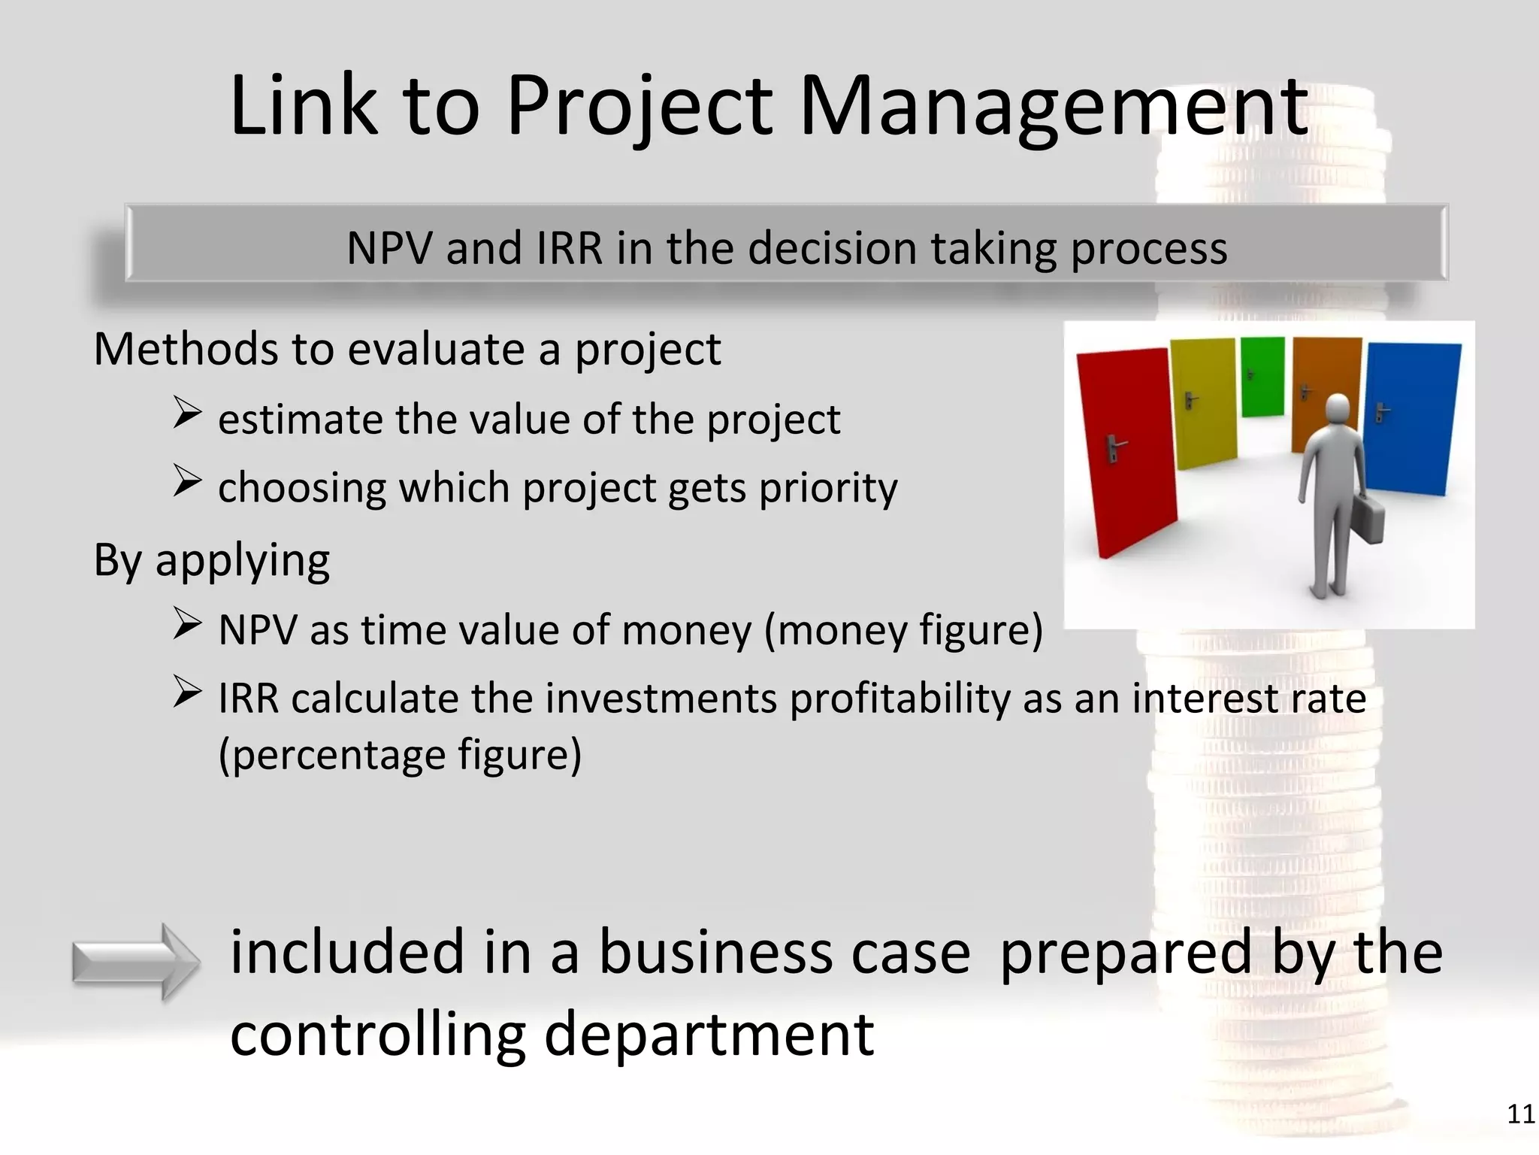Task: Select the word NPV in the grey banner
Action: [x=390, y=248]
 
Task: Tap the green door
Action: [x=1262, y=376]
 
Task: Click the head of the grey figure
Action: [x=1338, y=410]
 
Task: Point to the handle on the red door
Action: [x=1114, y=448]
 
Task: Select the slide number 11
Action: [x=1520, y=1114]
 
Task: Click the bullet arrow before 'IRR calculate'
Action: [x=186, y=692]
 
